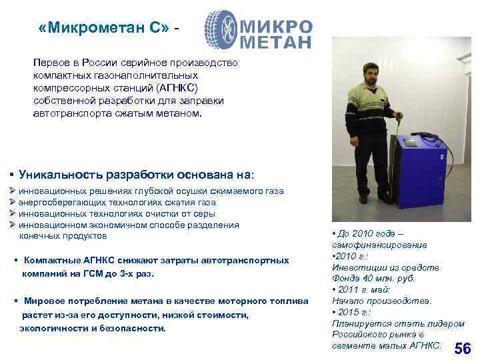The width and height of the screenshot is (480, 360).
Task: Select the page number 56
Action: coord(462,349)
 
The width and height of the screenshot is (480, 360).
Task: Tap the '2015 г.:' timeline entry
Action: coord(359,312)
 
